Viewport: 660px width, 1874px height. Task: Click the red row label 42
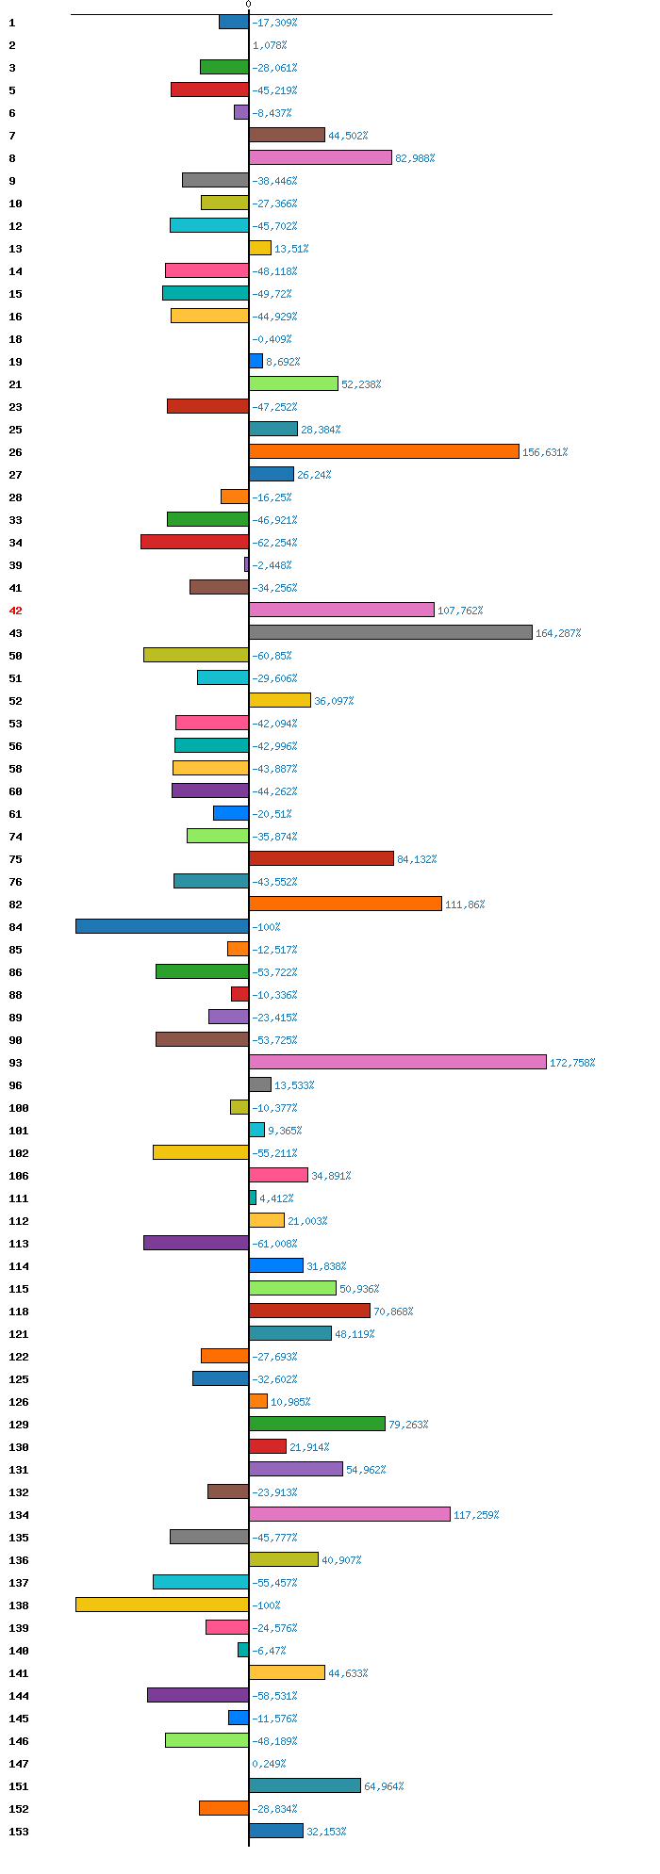coord(15,611)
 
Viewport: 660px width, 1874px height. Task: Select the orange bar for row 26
coord(384,451)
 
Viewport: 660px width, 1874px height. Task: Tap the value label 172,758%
coord(571,1063)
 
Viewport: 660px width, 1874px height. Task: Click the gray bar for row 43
coord(390,632)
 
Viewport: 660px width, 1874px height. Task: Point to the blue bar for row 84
coord(162,926)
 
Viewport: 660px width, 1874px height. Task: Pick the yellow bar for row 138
coord(162,1605)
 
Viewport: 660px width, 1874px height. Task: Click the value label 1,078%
coord(269,45)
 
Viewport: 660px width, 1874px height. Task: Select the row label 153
coord(18,1832)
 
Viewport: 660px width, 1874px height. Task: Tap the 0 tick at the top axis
coord(249,5)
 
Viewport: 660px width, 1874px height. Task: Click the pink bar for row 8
coord(320,157)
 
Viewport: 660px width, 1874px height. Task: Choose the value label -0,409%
coord(272,339)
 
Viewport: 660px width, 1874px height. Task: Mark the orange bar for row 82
coord(345,904)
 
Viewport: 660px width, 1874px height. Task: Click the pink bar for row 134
coord(349,1514)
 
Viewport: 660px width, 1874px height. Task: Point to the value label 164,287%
coord(558,633)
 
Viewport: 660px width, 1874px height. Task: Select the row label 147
coord(18,1764)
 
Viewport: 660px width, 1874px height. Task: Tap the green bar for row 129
coord(317,1424)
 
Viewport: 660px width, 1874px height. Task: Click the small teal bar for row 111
coord(253,1198)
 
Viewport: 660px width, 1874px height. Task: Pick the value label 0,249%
coord(269,1764)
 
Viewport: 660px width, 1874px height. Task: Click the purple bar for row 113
coord(196,1243)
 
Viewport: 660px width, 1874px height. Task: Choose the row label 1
coord(11,23)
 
